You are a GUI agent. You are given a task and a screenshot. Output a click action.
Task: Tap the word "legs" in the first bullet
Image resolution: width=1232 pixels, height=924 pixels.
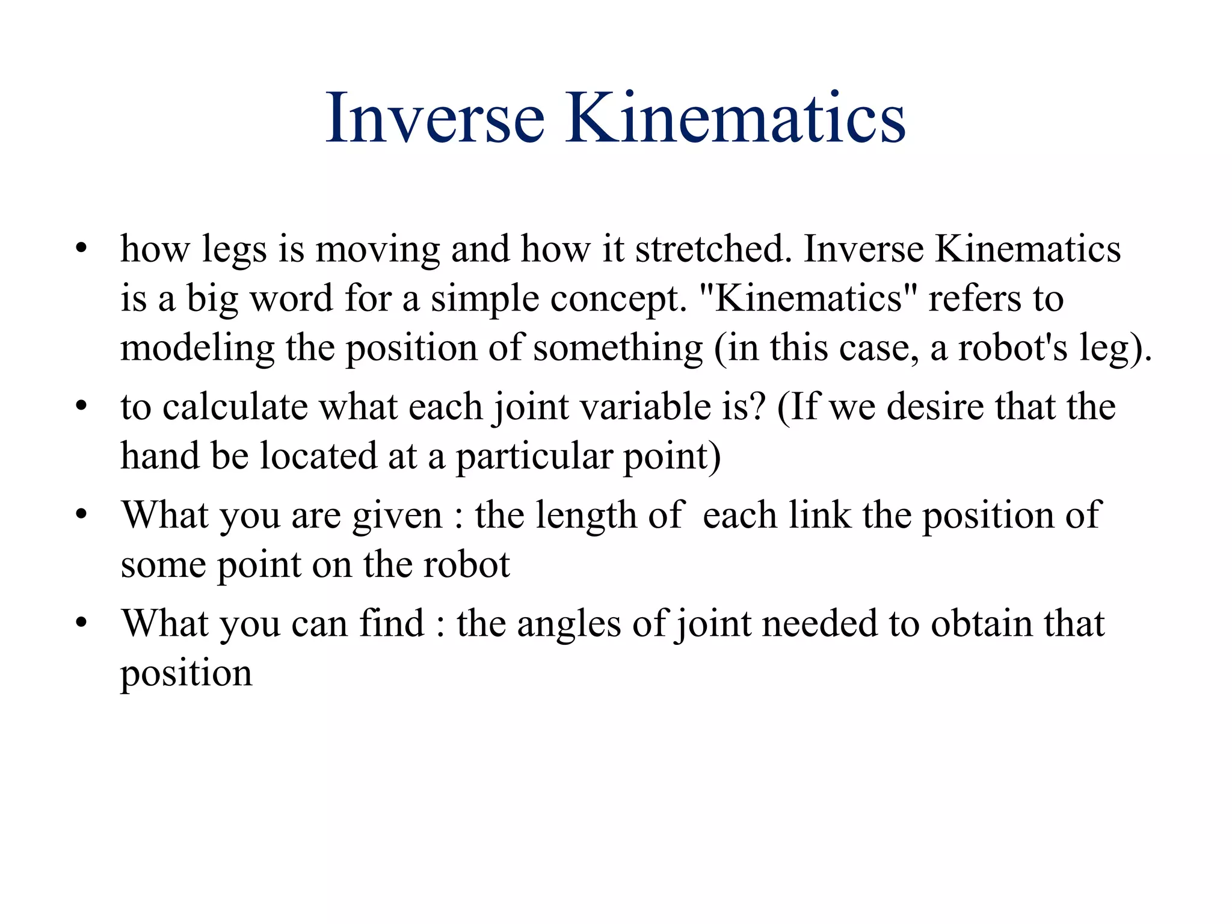[x=234, y=250]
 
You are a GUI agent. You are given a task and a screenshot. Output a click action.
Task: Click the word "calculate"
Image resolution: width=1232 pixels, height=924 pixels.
[x=235, y=407]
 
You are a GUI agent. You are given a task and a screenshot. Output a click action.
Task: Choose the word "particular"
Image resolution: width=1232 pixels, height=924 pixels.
[x=533, y=457]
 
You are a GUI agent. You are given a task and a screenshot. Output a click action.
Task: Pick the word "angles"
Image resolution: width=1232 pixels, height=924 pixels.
[x=568, y=624]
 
